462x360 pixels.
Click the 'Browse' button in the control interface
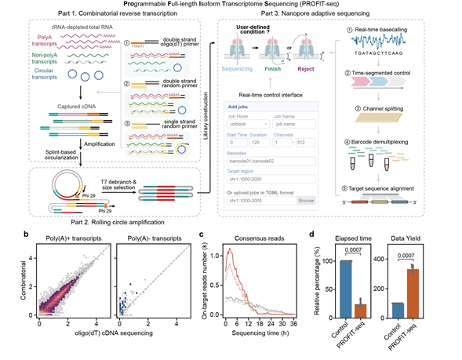click(x=307, y=201)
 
